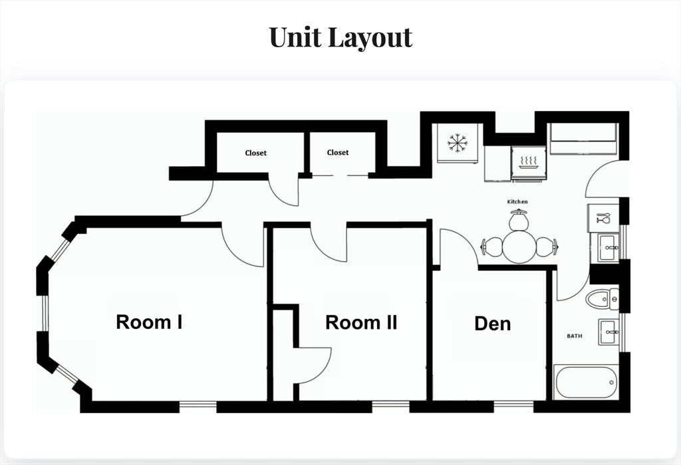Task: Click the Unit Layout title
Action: click(x=340, y=37)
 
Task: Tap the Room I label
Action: click(x=149, y=322)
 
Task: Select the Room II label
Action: click(x=361, y=323)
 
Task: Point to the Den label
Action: click(x=493, y=324)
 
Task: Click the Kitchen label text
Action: click(x=517, y=202)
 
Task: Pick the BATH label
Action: click(x=575, y=335)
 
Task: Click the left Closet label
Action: click(x=256, y=153)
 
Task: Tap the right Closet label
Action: click(x=338, y=153)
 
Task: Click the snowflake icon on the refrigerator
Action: click(x=458, y=143)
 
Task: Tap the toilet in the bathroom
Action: click(x=603, y=299)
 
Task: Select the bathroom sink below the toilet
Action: click(x=610, y=332)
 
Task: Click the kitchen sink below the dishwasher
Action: click(x=609, y=248)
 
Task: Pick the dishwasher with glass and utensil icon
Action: click(x=603, y=218)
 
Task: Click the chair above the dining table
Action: click(x=519, y=219)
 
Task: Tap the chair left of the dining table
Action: click(x=491, y=247)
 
